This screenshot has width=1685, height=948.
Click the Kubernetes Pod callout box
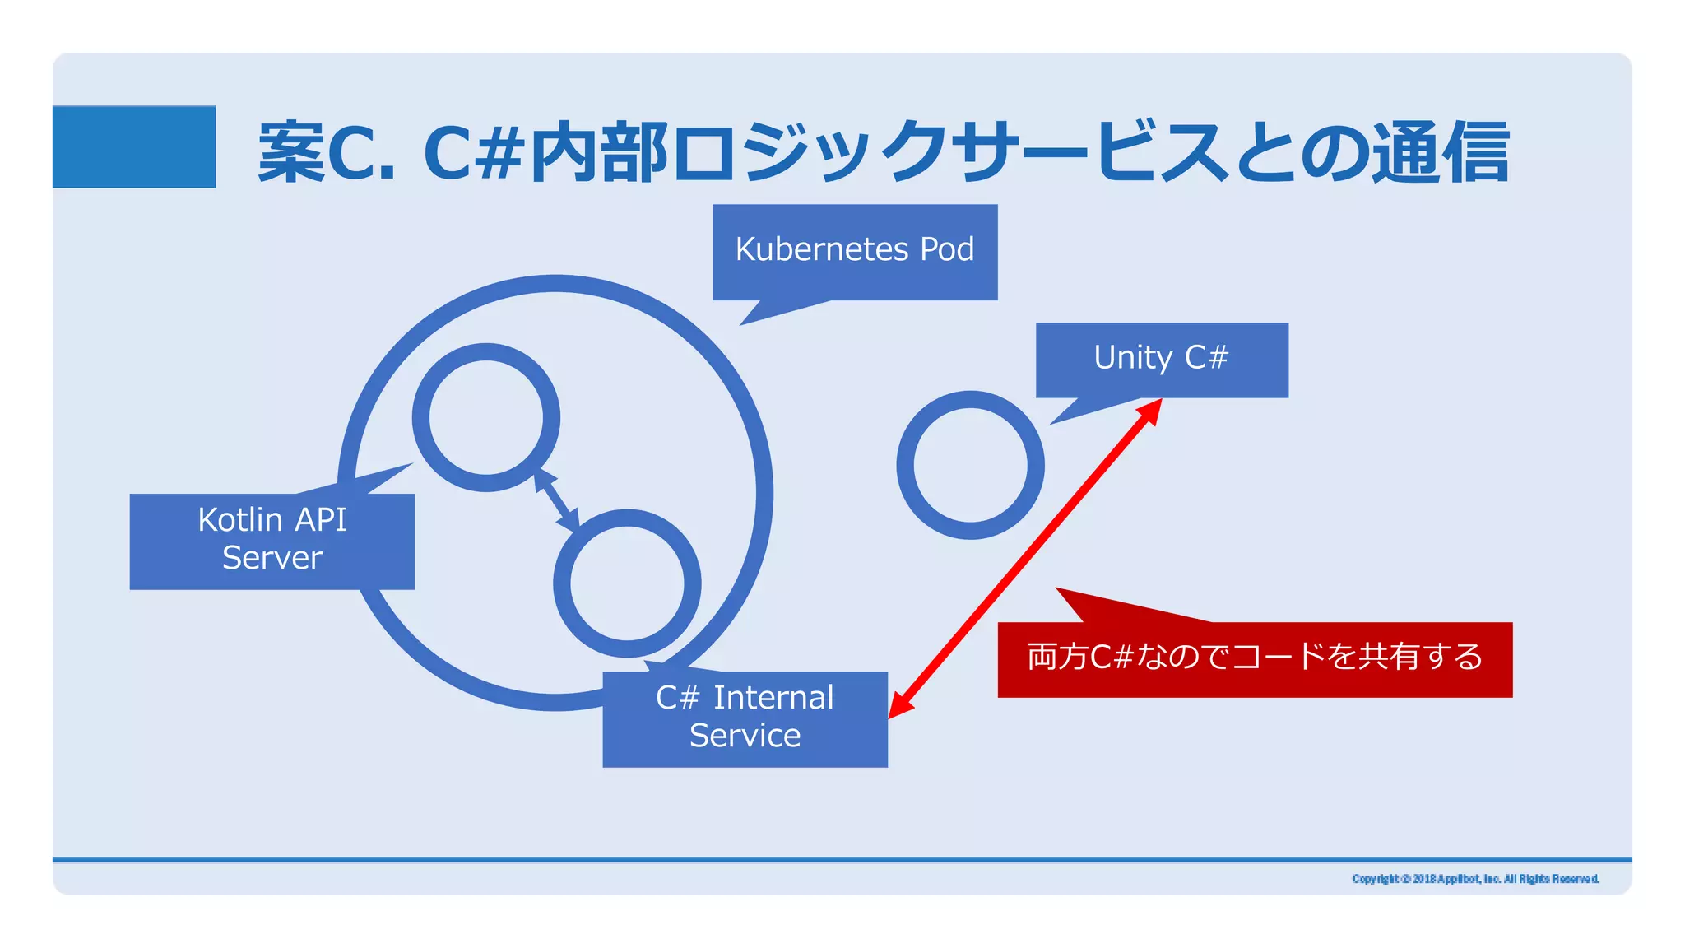[x=854, y=252]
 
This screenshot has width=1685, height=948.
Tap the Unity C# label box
[x=1161, y=360]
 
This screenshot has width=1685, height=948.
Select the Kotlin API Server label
[x=272, y=541]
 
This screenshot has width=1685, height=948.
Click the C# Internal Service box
[x=745, y=718]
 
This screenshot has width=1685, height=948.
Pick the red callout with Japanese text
[x=1254, y=659]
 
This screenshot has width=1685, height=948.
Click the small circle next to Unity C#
[x=970, y=464]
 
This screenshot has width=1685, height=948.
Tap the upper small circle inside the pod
[x=486, y=417]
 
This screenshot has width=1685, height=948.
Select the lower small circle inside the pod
[x=627, y=583]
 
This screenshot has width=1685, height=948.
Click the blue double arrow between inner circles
[x=557, y=500]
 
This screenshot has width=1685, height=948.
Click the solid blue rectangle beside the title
[x=134, y=146]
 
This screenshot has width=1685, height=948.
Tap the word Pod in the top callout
[x=946, y=249]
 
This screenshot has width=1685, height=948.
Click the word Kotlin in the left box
[x=239, y=520]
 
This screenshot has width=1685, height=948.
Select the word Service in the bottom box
[x=745, y=736]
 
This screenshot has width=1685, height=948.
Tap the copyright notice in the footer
[x=1474, y=879]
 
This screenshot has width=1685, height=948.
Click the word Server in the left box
[x=272, y=558]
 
